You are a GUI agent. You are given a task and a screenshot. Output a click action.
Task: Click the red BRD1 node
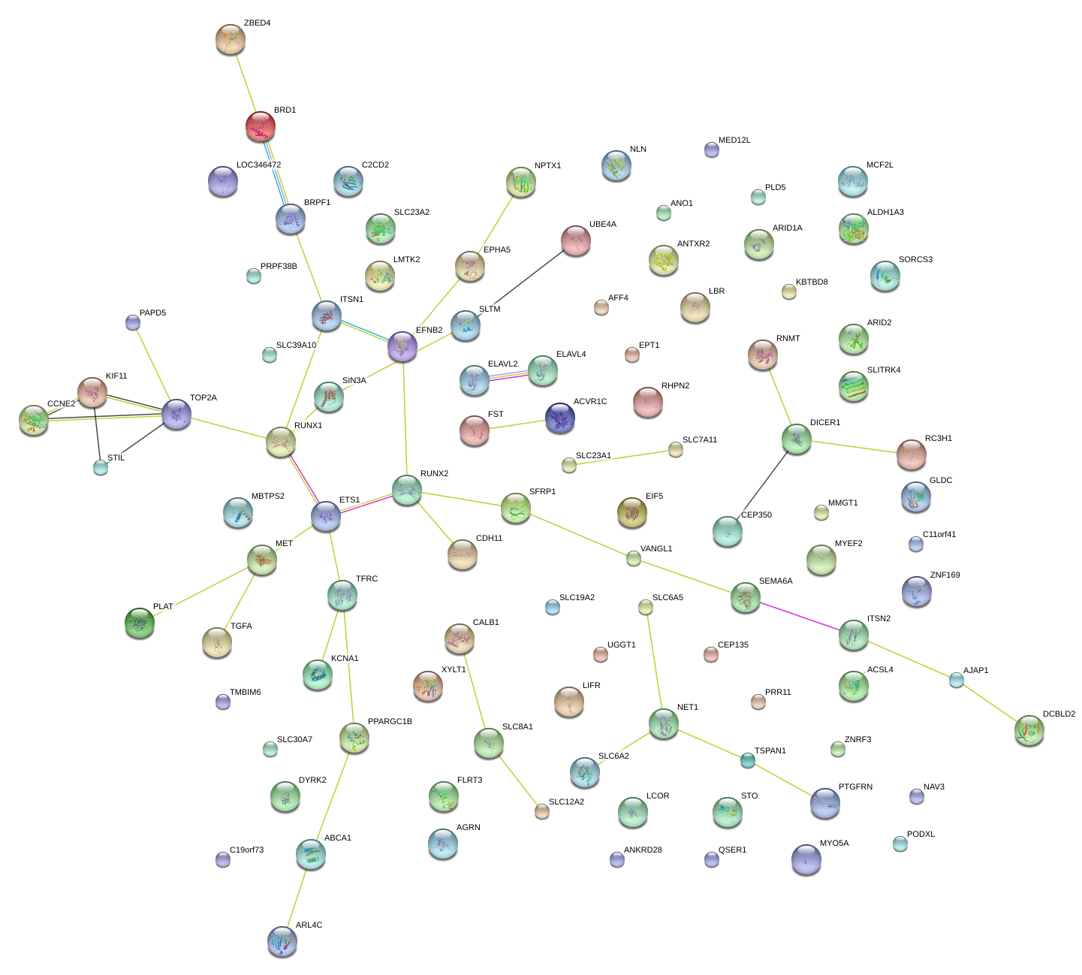pyautogui.click(x=260, y=126)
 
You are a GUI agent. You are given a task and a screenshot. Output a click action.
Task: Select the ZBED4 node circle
pyautogui.click(x=230, y=39)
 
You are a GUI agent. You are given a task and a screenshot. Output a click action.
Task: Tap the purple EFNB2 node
pyautogui.click(x=402, y=346)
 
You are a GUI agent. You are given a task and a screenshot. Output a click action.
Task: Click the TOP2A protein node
pyautogui.click(x=176, y=414)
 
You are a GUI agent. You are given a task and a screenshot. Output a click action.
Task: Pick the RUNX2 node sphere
pyautogui.click(x=407, y=490)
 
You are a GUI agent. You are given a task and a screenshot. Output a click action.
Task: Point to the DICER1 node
pyautogui.click(x=797, y=439)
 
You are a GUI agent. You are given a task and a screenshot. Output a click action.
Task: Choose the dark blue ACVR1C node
pyautogui.click(x=560, y=418)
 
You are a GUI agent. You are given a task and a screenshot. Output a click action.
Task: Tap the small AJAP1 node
pyautogui.click(x=957, y=681)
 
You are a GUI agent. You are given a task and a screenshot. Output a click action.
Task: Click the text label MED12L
pyautogui.click(x=734, y=140)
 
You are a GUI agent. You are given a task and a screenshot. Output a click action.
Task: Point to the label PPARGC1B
pyautogui.click(x=390, y=722)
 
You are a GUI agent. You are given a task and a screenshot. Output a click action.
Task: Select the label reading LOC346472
pyautogui.click(x=258, y=165)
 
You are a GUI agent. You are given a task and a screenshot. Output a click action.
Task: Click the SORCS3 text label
pyautogui.click(x=915, y=260)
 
